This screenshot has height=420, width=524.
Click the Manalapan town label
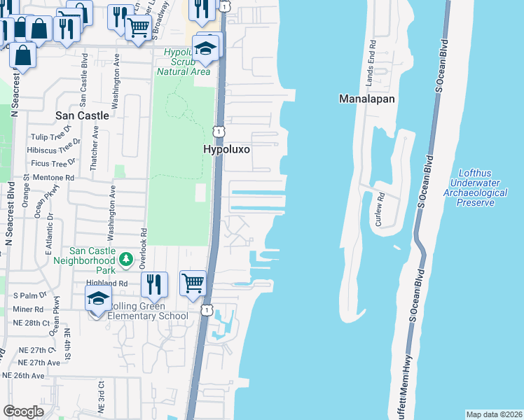(366, 99)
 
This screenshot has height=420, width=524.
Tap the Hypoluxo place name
(228, 150)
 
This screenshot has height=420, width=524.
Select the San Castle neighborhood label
(83, 115)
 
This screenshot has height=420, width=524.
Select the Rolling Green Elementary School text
(147, 311)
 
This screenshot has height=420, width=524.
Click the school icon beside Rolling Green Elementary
(99, 299)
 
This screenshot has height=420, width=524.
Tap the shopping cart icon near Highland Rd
(193, 283)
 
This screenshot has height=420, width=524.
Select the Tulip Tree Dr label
(50, 137)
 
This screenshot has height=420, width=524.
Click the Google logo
(23, 411)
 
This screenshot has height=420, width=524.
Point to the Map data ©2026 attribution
(494, 414)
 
